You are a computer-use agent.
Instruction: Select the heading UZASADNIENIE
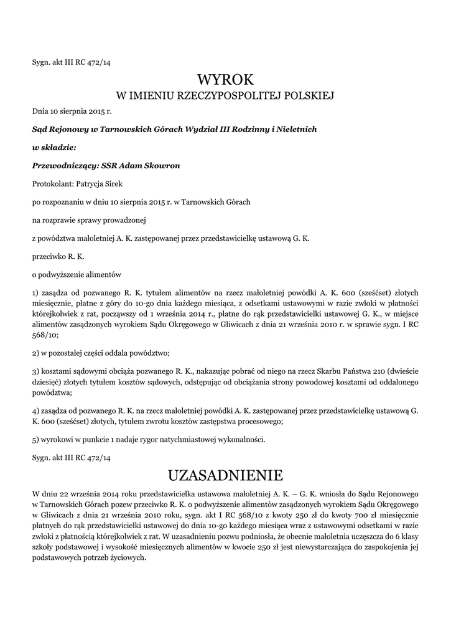click(225, 475)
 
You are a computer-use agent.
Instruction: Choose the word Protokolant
click(52, 184)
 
